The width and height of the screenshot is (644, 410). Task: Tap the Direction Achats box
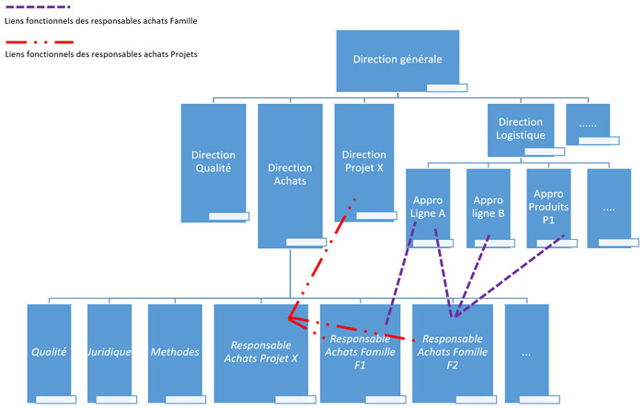tap(290, 175)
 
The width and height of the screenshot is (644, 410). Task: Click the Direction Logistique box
tap(521, 128)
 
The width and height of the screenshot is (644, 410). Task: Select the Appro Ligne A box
tap(428, 207)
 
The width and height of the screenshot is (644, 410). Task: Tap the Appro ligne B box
tap(488, 207)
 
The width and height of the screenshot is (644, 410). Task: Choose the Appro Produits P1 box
tap(548, 207)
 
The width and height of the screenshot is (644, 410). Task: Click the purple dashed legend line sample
tap(37, 6)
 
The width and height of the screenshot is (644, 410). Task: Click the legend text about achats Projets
tap(101, 54)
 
